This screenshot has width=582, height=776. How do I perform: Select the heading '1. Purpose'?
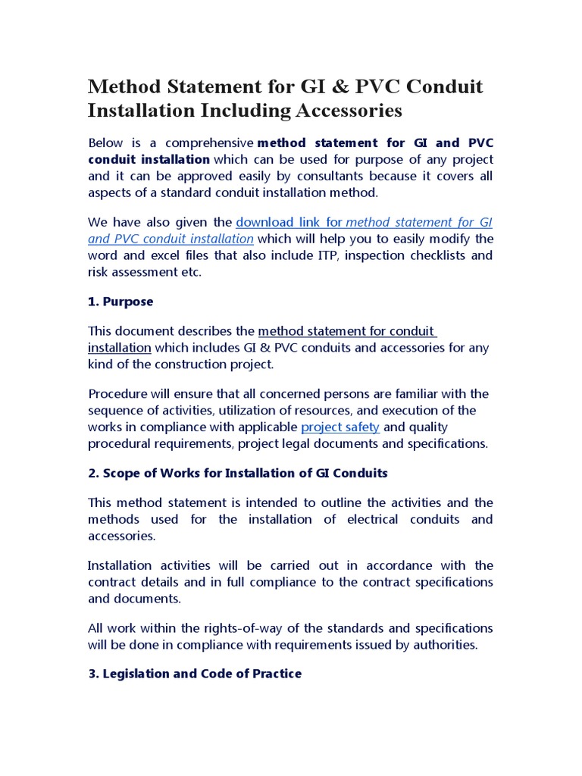120,302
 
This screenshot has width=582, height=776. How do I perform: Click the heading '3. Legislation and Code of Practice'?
195,674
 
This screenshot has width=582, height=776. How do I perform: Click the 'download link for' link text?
289,222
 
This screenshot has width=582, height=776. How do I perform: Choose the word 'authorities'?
446,645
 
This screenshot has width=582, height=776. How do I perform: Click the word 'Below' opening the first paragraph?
105,142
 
